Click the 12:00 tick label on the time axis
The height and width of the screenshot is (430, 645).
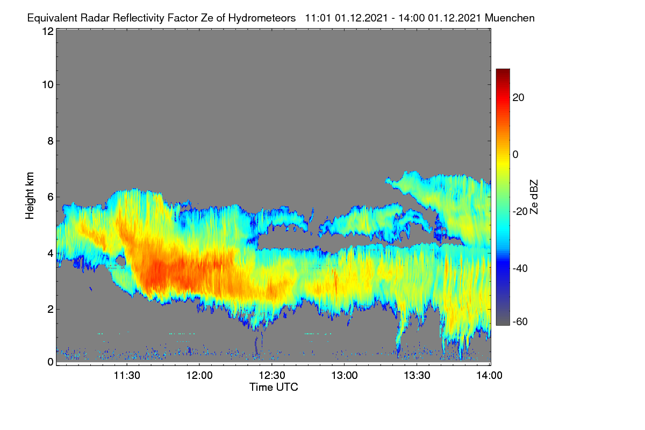click(199, 376)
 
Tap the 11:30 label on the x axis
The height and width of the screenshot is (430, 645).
click(127, 376)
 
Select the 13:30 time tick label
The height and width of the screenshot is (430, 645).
click(417, 376)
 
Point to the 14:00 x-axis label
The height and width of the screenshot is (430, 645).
click(489, 376)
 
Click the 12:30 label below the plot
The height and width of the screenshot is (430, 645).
click(272, 376)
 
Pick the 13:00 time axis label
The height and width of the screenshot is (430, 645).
click(345, 376)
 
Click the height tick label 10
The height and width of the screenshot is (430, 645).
click(48, 85)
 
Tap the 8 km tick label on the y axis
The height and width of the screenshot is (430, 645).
click(51, 141)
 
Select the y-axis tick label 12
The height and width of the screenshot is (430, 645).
click(48, 31)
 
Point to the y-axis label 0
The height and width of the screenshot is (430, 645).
click(51, 362)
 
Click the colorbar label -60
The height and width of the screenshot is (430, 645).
click(520, 322)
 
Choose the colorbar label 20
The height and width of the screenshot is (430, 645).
click(518, 98)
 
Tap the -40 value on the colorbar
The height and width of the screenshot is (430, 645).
click(520, 268)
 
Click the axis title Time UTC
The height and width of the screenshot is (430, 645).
click(274, 387)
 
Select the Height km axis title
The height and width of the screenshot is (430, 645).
click(30, 196)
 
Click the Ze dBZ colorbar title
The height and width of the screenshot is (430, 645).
click(534, 197)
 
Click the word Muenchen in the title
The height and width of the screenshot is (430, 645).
click(510, 18)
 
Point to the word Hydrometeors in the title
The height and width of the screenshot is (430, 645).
click(262, 18)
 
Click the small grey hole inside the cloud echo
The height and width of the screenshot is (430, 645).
click(120, 261)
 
